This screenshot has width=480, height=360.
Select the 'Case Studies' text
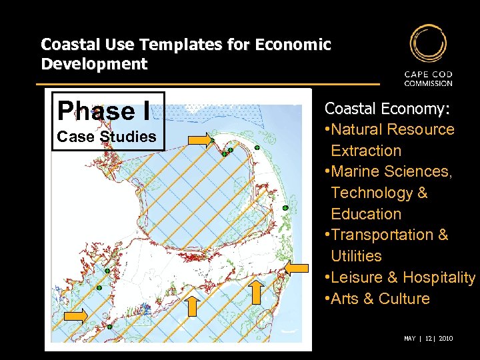(107, 137)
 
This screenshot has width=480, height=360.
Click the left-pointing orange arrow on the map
(297, 268)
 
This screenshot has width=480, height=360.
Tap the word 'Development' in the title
(94, 64)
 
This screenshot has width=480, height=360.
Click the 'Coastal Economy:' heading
(387, 108)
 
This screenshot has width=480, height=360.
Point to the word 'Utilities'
(356, 256)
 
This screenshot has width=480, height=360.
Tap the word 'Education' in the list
(366, 214)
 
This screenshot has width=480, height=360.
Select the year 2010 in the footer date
(445, 339)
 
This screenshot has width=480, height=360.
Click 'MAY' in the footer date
(410, 339)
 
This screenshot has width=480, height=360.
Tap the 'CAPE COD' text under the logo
(428, 75)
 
